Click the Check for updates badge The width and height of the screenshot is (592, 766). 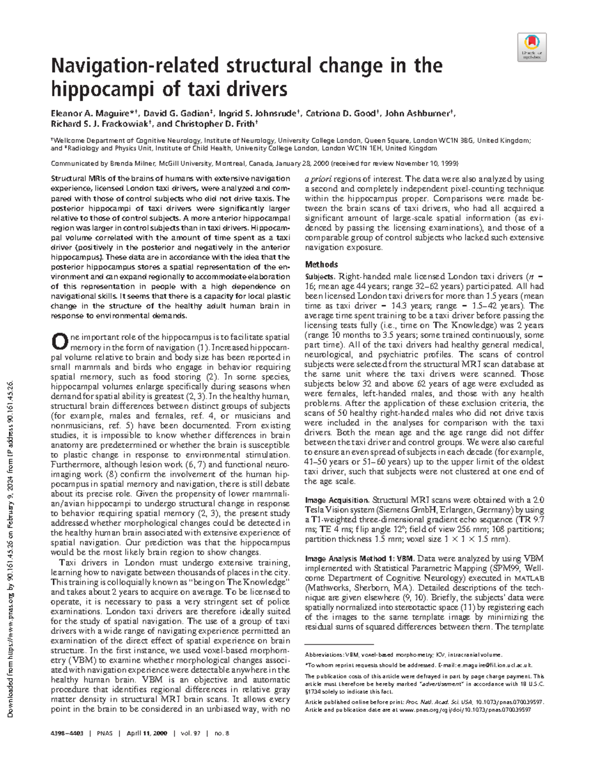531,47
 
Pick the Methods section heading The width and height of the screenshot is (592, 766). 321,264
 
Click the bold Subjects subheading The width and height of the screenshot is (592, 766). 319,276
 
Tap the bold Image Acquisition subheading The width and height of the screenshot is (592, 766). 337,500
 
